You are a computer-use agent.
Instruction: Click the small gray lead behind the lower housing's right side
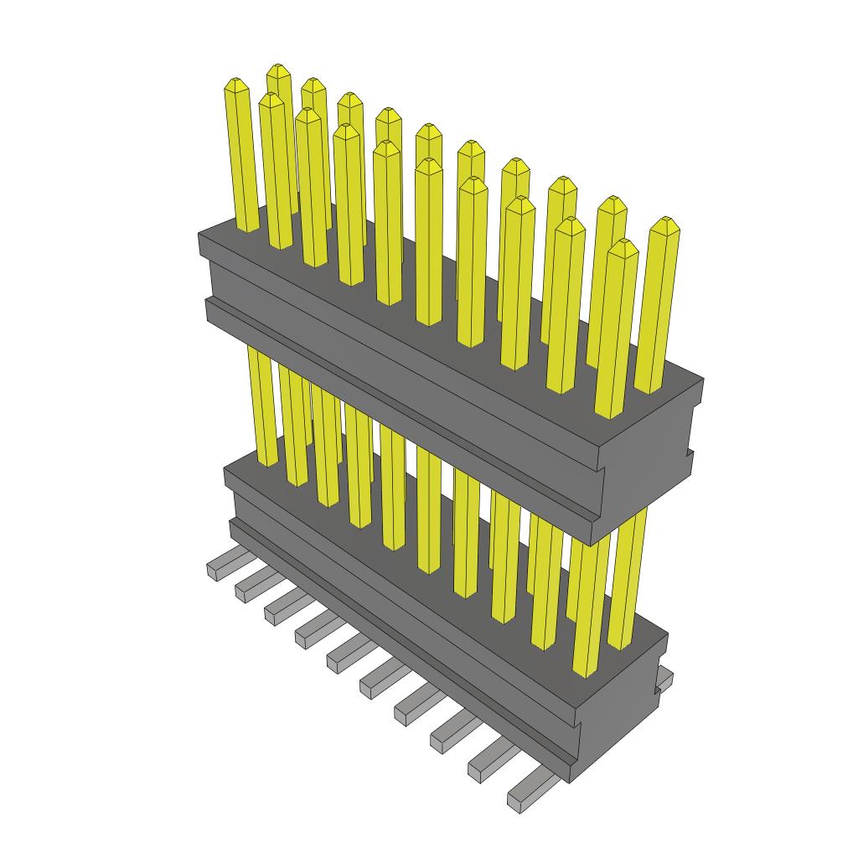point(664,678)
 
